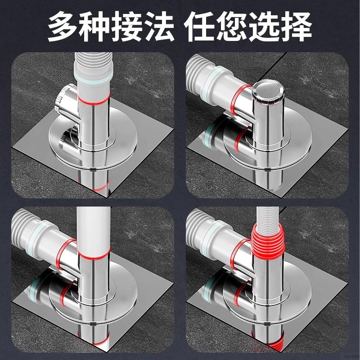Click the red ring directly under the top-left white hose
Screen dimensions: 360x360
coord(93,98)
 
